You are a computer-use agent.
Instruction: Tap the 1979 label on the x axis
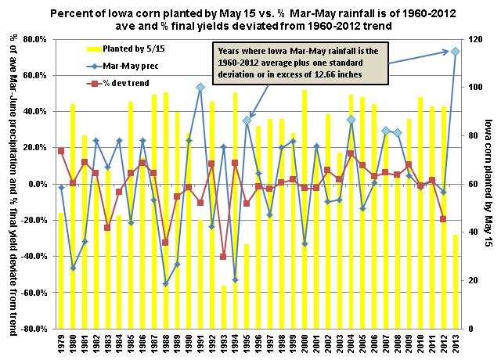point(61,344)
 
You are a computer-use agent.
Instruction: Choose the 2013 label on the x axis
point(455,344)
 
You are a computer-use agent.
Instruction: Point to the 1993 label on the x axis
point(223,344)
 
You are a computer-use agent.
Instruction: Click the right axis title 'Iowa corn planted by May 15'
point(488,184)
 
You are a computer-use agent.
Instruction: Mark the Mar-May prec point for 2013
point(455,52)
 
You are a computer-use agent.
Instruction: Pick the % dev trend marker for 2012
point(443,219)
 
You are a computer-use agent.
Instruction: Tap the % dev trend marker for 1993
point(223,256)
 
